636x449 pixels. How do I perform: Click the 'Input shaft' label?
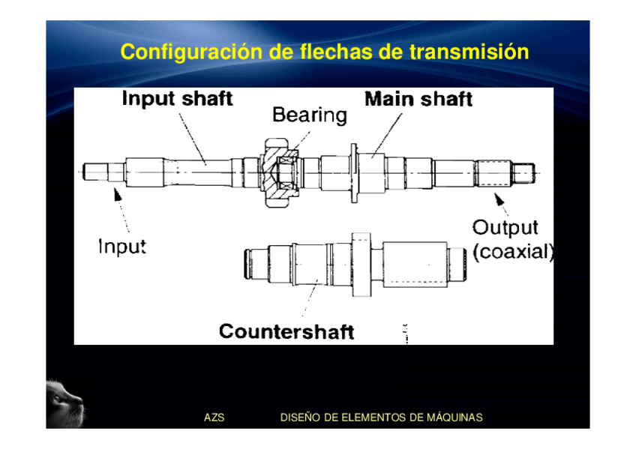[x=177, y=98]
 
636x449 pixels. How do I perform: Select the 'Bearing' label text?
[x=309, y=115]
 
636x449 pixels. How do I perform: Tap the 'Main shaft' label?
[x=418, y=99]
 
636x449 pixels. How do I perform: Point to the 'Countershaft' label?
[x=286, y=331]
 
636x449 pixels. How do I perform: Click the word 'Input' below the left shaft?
[x=122, y=246]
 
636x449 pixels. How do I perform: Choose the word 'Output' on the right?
[x=505, y=227]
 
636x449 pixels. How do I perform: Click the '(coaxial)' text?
[x=513, y=252]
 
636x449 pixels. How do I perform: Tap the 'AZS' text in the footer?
[x=214, y=418]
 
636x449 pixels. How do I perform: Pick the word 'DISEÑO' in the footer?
[x=299, y=418]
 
